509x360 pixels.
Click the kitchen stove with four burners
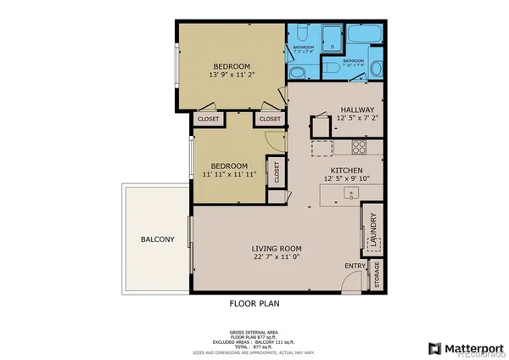pyautogui.click(x=358, y=146)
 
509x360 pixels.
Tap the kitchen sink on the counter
pyautogui.click(x=348, y=194)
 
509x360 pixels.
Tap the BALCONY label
pyautogui.click(x=157, y=239)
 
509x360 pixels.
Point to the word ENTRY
pyautogui.click(x=354, y=267)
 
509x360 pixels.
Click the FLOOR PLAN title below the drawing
pyautogui.click(x=255, y=303)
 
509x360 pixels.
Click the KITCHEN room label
pyautogui.click(x=346, y=170)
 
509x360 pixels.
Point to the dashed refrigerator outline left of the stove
pyautogui.click(x=322, y=148)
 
